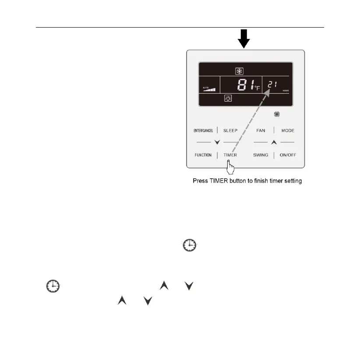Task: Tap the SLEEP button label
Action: (x=230, y=131)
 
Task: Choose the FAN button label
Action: (x=261, y=131)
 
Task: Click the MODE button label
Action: (x=288, y=131)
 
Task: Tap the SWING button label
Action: (x=261, y=155)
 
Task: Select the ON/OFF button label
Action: (x=288, y=155)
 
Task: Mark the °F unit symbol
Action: (x=257, y=88)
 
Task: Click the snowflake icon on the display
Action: (x=240, y=71)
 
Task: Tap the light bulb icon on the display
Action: (x=228, y=98)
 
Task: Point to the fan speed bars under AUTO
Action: (x=210, y=91)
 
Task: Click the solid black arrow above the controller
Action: (x=244, y=39)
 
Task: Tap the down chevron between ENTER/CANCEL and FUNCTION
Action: (x=216, y=143)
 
